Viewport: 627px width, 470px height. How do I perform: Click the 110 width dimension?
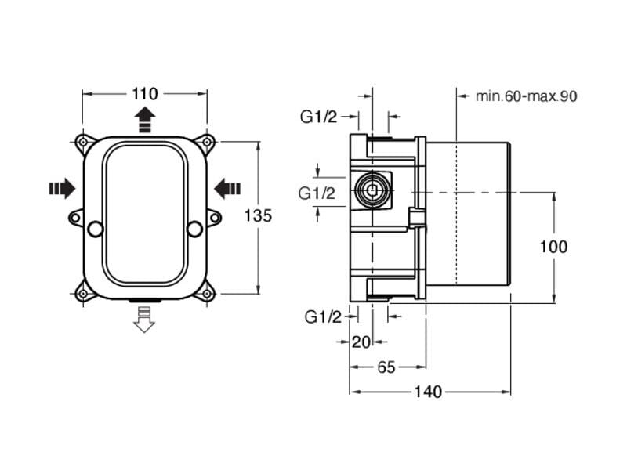click(x=145, y=94)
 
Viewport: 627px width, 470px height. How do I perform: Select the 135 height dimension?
click(x=258, y=215)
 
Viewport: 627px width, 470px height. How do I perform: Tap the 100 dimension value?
click(x=553, y=247)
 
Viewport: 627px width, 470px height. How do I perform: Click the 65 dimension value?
click(x=386, y=367)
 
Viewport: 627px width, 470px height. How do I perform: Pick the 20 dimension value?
click(x=361, y=342)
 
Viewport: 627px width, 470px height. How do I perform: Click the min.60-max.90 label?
click(x=526, y=96)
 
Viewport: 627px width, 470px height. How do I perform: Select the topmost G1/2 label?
click(x=318, y=117)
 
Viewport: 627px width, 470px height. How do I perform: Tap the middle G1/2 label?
click(x=318, y=193)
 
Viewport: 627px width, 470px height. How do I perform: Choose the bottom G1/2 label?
click(x=324, y=316)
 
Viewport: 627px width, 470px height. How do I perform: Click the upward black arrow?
click(x=144, y=120)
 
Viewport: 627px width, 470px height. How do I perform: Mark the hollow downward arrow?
click(x=144, y=319)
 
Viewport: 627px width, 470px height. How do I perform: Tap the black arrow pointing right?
click(x=62, y=188)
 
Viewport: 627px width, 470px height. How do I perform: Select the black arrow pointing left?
click(x=227, y=188)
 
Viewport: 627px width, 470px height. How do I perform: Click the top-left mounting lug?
click(x=82, y=143)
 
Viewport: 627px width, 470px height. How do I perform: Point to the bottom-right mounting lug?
click(x=207, y=293)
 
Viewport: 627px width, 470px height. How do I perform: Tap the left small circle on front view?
click(x=95, y=229)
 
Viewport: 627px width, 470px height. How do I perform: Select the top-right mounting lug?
click(x=207, y=143)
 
